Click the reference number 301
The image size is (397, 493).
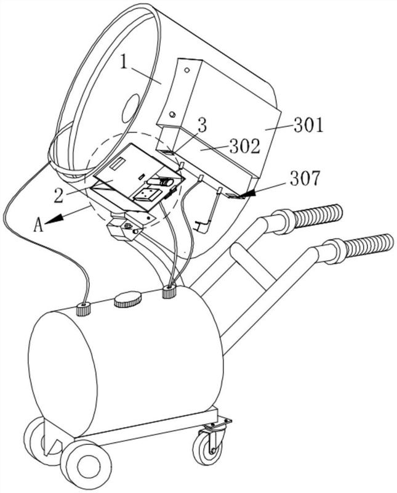(308, 125)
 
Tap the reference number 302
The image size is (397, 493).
(245, 146)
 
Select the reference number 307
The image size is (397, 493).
(305, 178)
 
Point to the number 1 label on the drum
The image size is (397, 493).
(124, 63)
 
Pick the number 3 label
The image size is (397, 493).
(203, 125)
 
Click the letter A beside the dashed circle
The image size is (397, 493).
(38, 225)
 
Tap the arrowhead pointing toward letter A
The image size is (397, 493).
(52, 221)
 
